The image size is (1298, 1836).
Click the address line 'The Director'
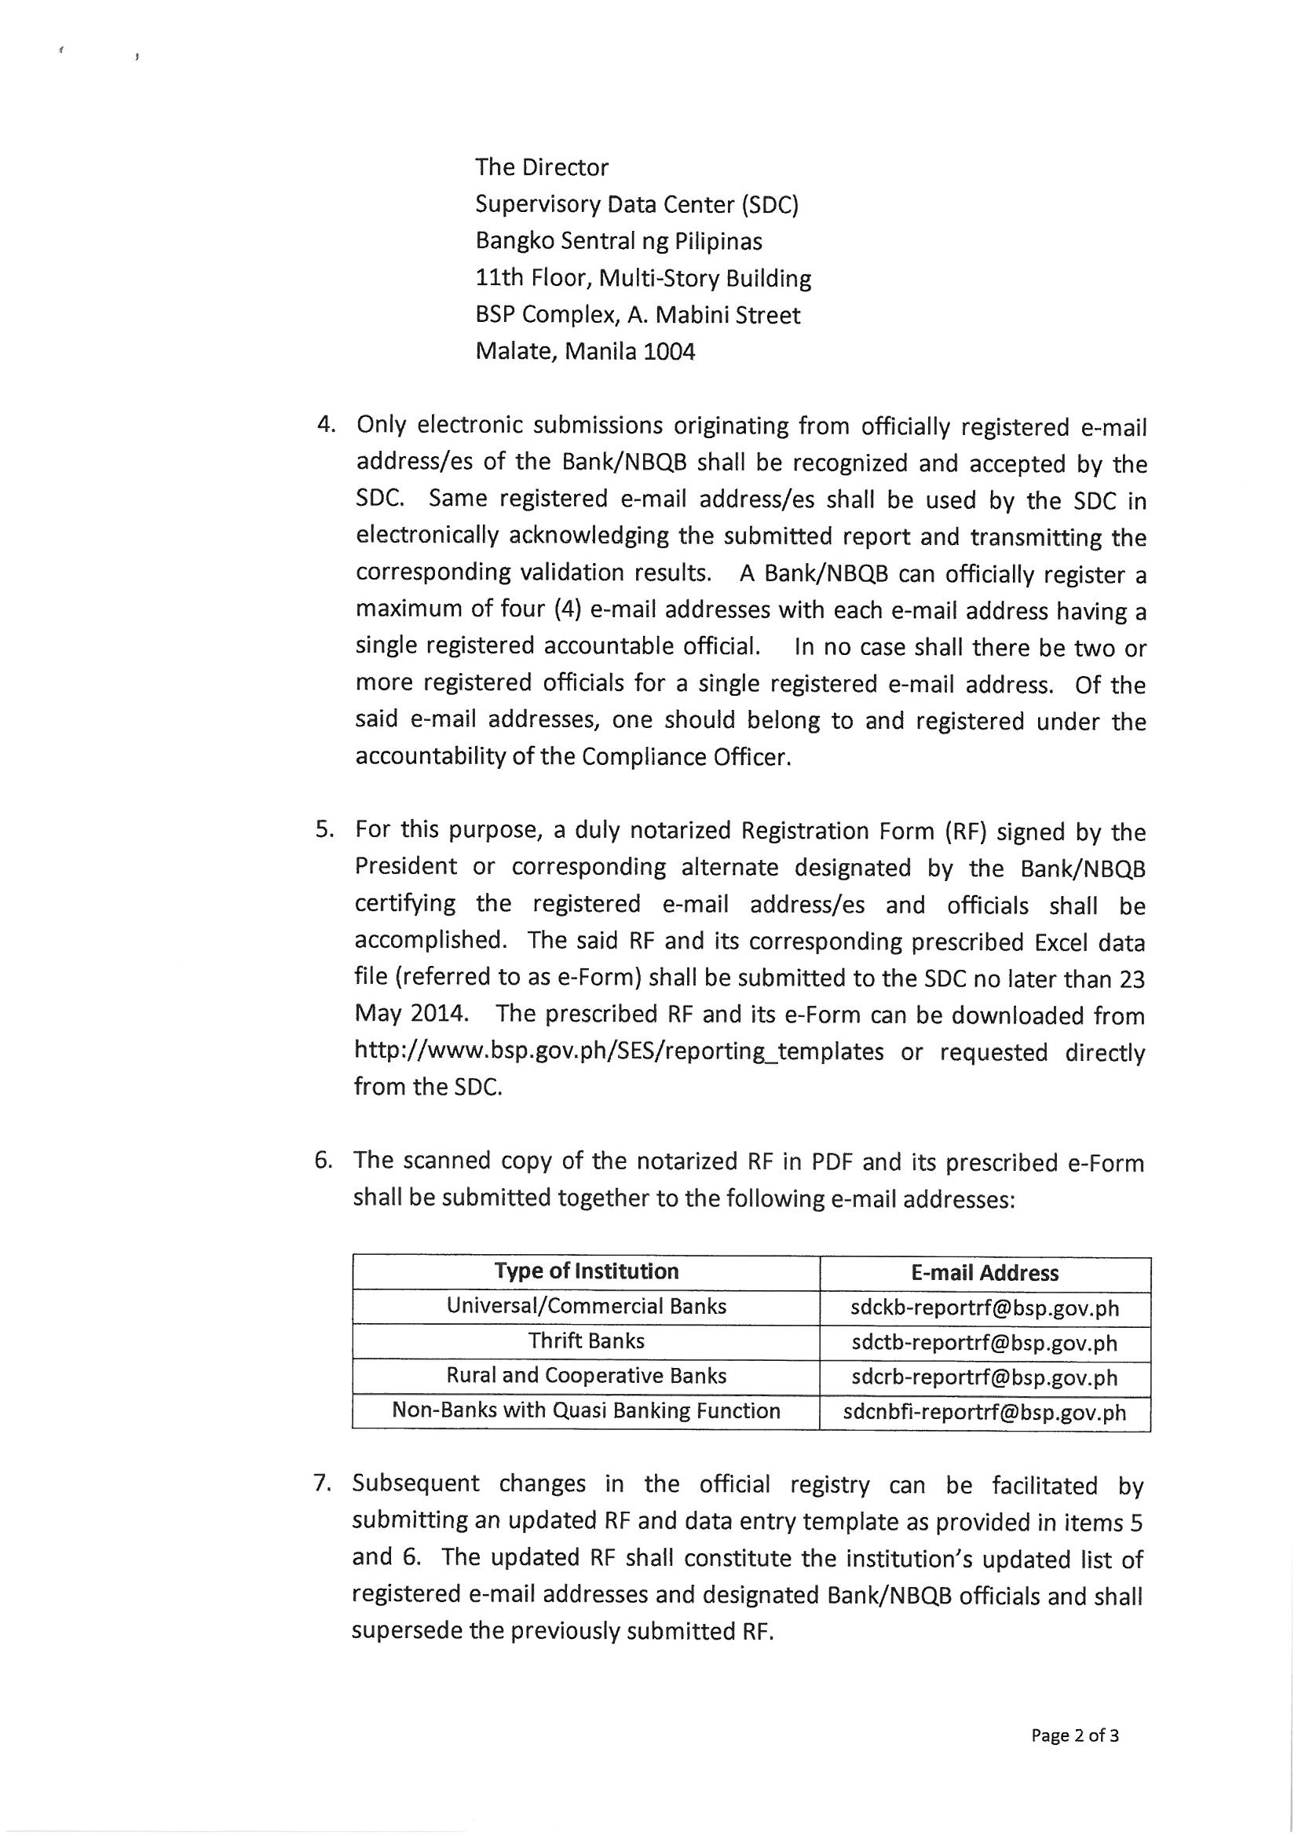(x=542, y=167)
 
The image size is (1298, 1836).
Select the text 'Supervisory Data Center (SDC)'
(x=637, y=205)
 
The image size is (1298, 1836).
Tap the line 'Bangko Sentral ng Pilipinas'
(x=618, y=242)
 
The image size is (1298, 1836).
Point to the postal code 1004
(x=669, y=352)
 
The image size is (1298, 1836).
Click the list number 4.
(x=325, y=425)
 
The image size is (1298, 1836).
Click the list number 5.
(x=323, y=829)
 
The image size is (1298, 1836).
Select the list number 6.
(x=322, y=1161)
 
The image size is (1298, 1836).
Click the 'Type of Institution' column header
(x=587, y=1271)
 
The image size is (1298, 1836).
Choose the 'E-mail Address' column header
(x=985, y=1273)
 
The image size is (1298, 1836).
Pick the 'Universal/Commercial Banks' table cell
(x=587, y=1307)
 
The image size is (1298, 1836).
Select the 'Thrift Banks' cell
(x=587, y=1341)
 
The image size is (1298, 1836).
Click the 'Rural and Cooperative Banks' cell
(x=587, y=1375)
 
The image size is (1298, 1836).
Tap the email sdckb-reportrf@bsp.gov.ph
(x=985, y=1308)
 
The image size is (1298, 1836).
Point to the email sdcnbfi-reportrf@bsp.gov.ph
(x=985, y=1412)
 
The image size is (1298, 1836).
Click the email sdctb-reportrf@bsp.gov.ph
(x=985, y=1343)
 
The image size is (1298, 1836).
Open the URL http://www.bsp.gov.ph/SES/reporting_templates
(x=619, y=1051)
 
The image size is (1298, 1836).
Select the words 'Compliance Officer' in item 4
(x=686, y=757)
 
